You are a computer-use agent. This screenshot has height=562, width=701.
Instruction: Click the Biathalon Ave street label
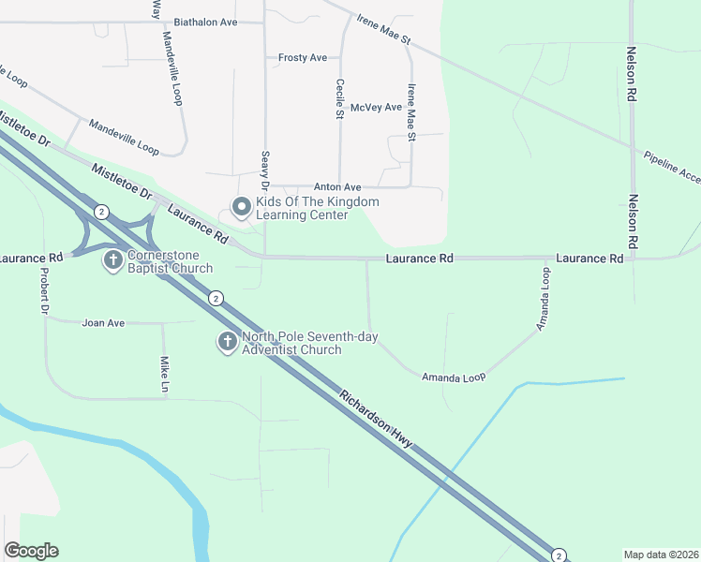pyautogui.click(x=205, y=21)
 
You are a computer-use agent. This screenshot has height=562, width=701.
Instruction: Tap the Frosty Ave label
pyautogui.click(x=303, y=58)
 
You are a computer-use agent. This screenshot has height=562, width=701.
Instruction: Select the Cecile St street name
pyautogui.click(x=340, y=98)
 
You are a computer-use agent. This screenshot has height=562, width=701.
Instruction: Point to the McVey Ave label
pyautogui.click(x=376, y=108)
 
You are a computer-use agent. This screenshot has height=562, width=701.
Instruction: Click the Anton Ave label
pyautogui.click(x=337, y=187)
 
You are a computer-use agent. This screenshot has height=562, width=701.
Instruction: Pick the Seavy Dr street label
pyautogui.click(x=265, y=170)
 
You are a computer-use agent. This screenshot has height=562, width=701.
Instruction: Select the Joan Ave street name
pyautogui.click(x=103, y=323)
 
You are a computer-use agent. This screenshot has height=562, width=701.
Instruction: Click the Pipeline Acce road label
pyautogui.click(x=671, y=166)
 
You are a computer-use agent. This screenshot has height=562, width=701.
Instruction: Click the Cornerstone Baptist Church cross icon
pyautogui.click(x=112, y=259)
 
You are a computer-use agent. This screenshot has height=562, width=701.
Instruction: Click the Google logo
pyautogui.click(x=31, y=551)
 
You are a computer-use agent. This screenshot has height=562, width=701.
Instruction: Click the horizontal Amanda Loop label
pyautogui.click(x=454, y=377)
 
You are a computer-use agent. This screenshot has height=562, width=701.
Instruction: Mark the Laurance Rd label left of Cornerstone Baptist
pyautogui.click(x=31, y=257)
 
